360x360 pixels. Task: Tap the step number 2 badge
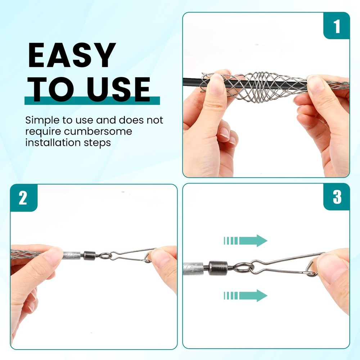point(23,198)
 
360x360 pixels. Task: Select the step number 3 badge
point(337,197)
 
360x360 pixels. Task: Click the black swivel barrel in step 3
point(216,268)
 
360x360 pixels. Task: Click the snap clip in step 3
point(284,266)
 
